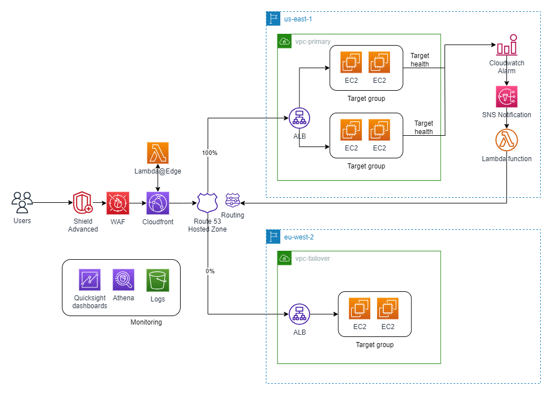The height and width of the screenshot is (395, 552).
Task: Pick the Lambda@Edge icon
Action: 158,153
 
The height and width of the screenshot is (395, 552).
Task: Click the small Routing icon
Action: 232,200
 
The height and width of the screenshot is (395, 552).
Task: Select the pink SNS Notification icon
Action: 506,97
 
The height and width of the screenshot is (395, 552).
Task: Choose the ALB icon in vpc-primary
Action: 300,118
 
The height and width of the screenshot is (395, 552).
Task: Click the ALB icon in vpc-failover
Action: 300,314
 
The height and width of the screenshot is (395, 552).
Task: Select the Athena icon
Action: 123,279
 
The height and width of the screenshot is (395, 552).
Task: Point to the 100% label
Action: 209,153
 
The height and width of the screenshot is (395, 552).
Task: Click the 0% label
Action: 210,271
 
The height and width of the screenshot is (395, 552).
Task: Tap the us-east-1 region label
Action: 298,19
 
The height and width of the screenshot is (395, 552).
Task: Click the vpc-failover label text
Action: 313,259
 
